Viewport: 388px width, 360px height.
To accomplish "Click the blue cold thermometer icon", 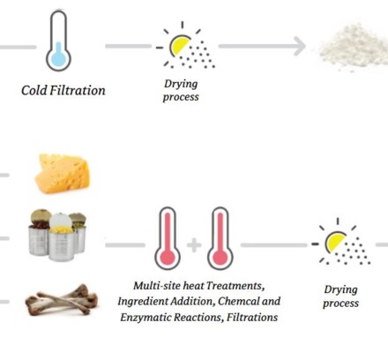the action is [58, 41].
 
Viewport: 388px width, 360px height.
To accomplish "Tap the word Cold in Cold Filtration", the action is [34, 90].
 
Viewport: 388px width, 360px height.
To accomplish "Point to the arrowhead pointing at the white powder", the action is [300, 46].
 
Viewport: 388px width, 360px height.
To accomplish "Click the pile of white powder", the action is [354, 47].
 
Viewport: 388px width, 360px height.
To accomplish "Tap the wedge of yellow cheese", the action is [63, 174].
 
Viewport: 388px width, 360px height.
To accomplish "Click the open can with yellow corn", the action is [61, 238].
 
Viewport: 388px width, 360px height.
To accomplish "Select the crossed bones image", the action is [62, 300].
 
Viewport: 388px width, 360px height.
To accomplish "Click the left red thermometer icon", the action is [168, 238].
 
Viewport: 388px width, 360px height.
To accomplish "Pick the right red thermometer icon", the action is [220, 238].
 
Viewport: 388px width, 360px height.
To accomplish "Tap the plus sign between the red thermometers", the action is [194, 245].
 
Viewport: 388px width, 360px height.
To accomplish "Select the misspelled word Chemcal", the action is [238, 301].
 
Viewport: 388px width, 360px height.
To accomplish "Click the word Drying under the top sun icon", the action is [181, 84].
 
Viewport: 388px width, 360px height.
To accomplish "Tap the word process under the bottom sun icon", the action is [340, 304].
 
